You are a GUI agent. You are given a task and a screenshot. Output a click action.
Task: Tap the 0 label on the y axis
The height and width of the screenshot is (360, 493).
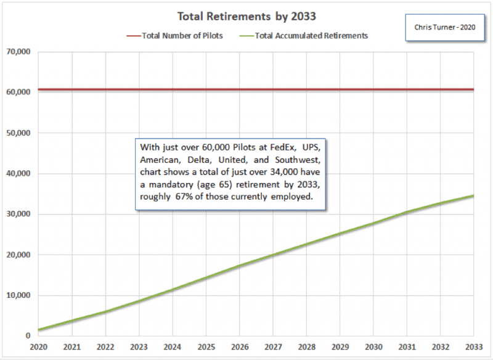(27, 336)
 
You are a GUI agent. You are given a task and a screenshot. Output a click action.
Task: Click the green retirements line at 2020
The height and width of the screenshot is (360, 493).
(39, 330)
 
